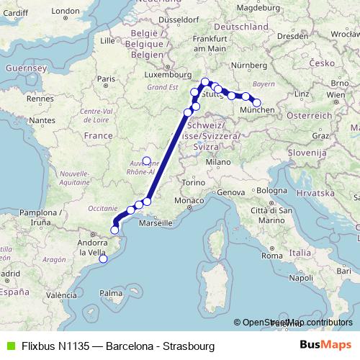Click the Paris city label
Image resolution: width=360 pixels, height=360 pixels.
107,79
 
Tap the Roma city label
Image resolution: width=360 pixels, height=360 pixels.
271,256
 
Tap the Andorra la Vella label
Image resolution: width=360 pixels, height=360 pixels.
92,248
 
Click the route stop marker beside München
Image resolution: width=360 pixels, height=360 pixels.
256,103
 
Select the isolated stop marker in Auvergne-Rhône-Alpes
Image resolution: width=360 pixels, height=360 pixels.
146,161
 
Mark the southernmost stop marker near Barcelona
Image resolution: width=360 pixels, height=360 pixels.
103,259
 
